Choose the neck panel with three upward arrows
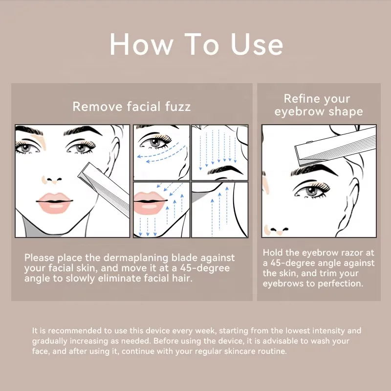coord(219,210)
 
